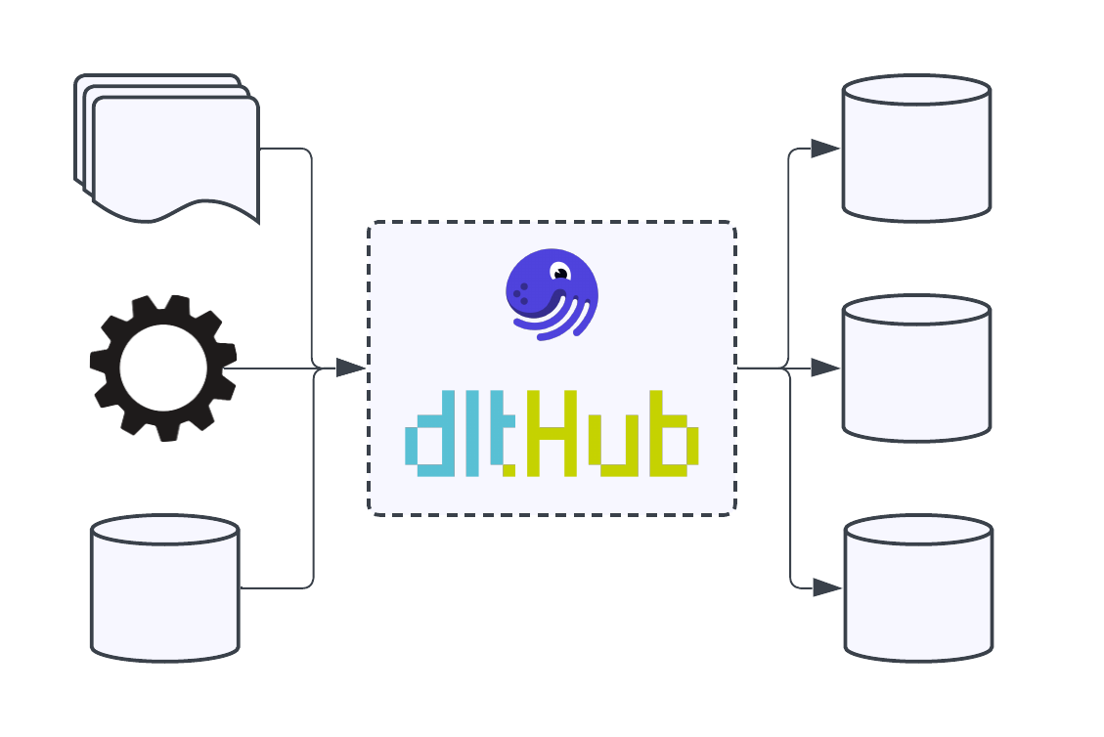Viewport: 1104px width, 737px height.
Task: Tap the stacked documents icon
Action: (171, 152)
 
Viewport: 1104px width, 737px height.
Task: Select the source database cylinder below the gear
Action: (165, 588)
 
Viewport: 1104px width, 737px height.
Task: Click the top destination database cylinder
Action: (916, 149)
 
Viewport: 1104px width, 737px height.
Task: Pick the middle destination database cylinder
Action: (916, 368)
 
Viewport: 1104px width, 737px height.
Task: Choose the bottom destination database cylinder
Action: (918, 588)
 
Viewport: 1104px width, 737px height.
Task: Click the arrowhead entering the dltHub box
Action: (349, 368)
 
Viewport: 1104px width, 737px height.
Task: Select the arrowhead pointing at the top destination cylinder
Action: (824, 149)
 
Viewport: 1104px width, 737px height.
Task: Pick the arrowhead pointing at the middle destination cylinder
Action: (824, 368)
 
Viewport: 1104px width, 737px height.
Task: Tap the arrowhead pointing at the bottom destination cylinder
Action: (826, 588)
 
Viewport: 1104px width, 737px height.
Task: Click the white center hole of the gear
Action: (163, 368)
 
